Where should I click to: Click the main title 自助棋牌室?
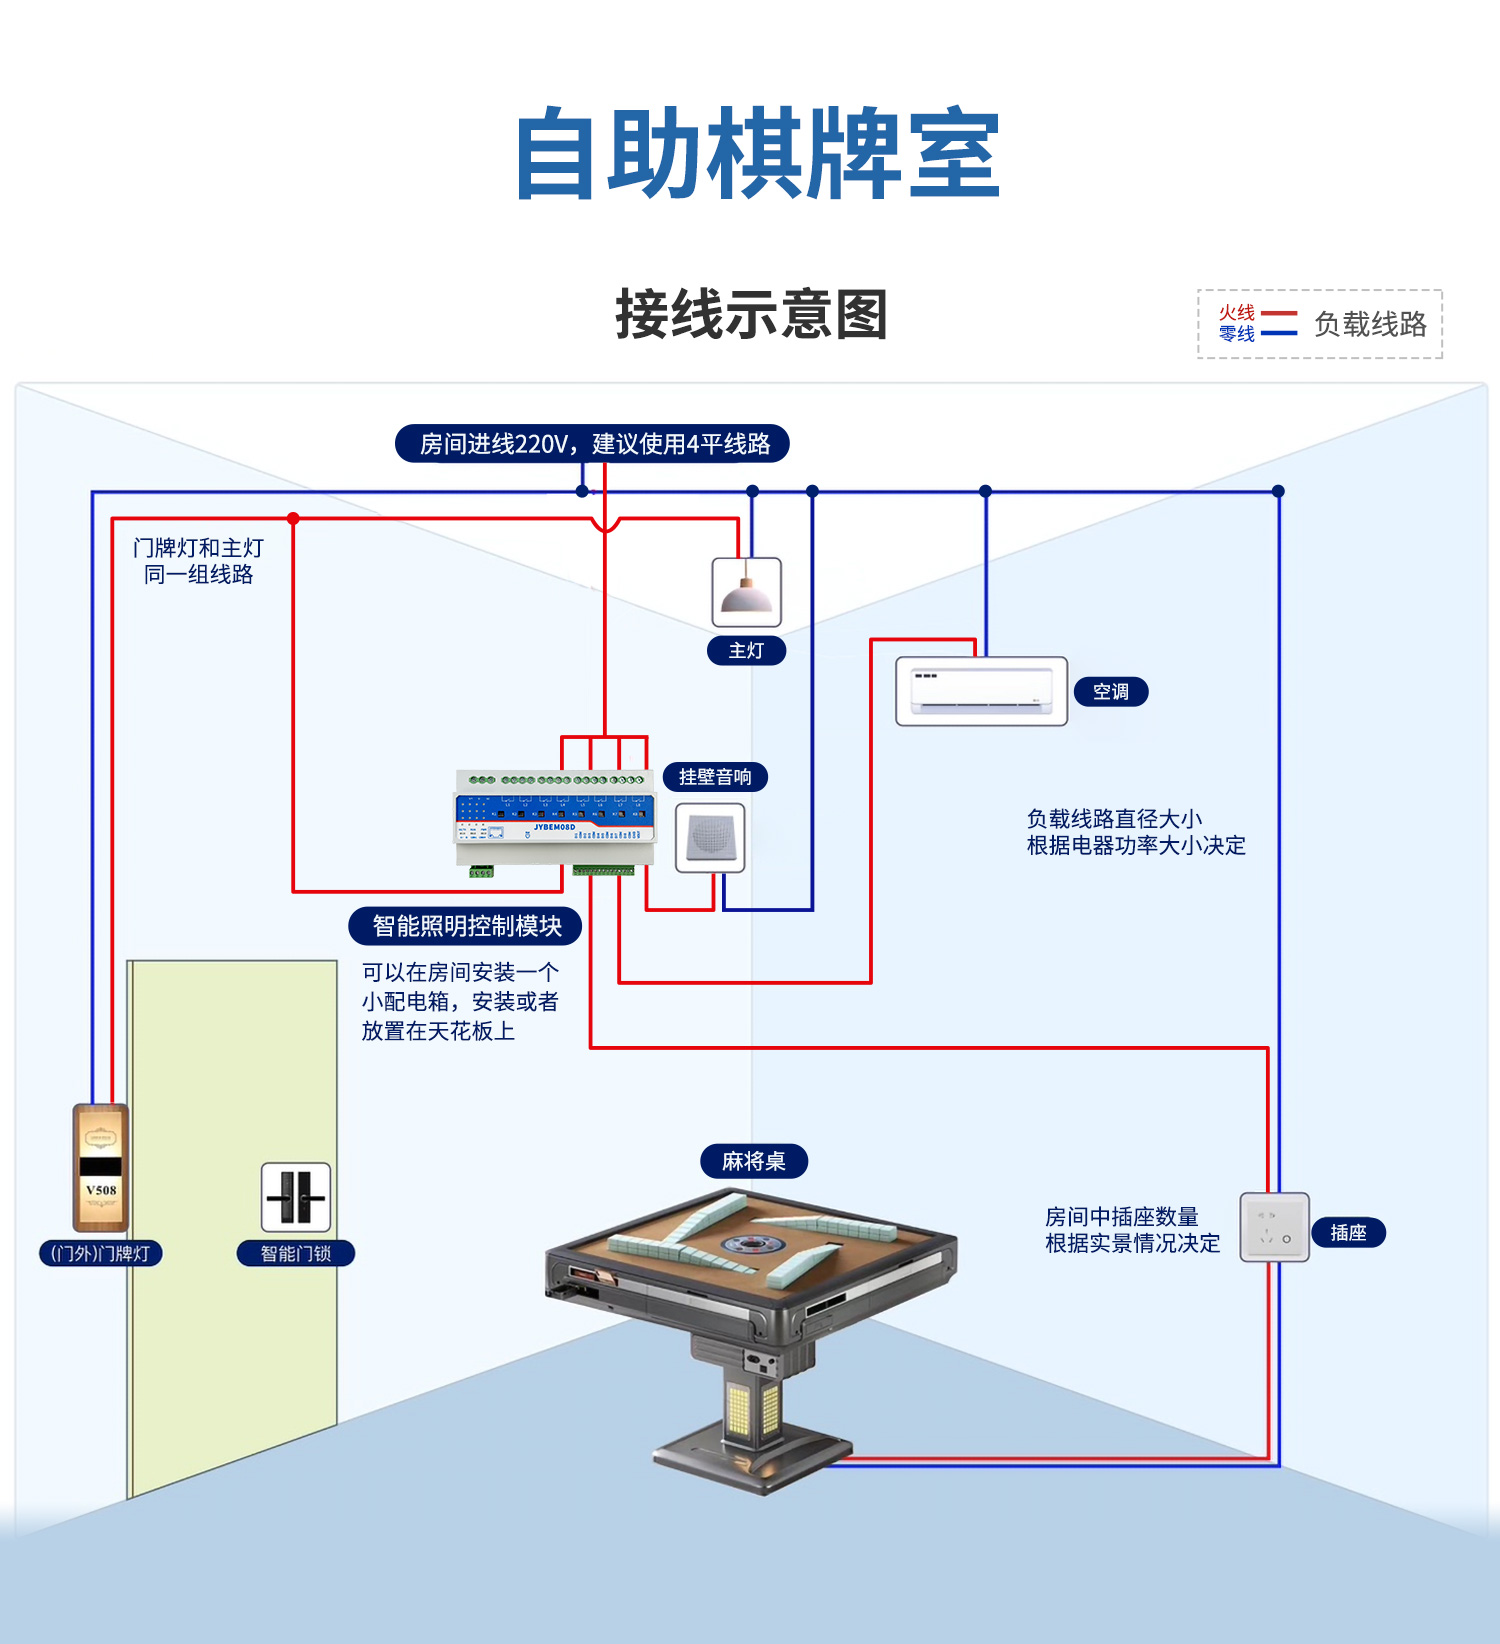tap(757, 155)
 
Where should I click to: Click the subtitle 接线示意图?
tap(751, 314)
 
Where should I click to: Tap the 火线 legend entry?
tap(1237, 312)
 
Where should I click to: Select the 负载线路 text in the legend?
tap(1370, 324)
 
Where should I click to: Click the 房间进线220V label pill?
tap(593, 443)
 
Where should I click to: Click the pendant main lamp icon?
tap(746, 593)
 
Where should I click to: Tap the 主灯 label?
tap(746, 651)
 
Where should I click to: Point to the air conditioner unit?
tap(981, 691)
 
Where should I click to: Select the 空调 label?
tap(1110, 691)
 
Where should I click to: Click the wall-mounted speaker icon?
tap(710, 837)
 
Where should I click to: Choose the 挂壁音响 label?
tap(715, 777)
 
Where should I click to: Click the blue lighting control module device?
tap(555, 818)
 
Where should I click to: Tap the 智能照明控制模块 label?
tap(466, 926)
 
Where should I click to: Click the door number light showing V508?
tap(101, 1168)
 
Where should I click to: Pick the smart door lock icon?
tap(296, 1197)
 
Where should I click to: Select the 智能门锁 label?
tap(295, 1253)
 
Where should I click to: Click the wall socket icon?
tap(1274, 1227)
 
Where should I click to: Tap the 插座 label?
tap(1348, 1233)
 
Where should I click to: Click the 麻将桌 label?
tap(754, 1161)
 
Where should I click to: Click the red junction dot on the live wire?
tap(293, 518)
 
